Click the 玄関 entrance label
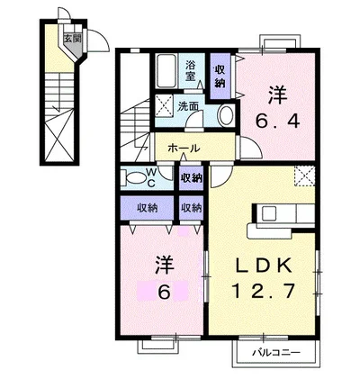[x=72, y=39]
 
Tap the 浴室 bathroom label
[x=191, y=70]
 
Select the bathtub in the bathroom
[x=167, y=71]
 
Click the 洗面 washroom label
[x=188, y=107]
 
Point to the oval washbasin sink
[x=227, y=115]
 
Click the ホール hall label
[x=184, y=148]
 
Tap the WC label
[x=151, y=177]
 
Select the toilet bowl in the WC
[x=136, y=178]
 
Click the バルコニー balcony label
[x=275, y=352]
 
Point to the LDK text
[x=263, y=265]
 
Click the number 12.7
[x=263, y=291]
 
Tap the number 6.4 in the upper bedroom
[x=277, y=122]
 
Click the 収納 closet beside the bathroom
[x=220, y=76]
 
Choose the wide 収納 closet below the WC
[x=148, y=208]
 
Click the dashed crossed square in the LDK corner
[x=304, y=176]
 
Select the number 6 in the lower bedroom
[x=164, y=292]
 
